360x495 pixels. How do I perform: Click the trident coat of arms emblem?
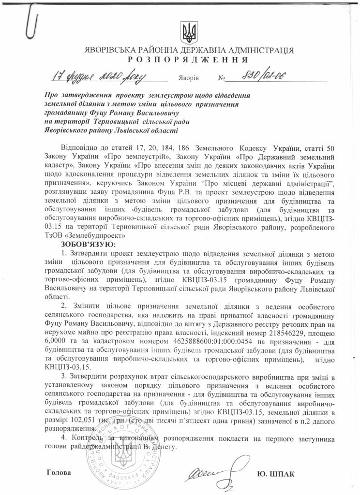tap(188, 32)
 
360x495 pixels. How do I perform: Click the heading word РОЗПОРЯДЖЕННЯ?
tap(189, 60)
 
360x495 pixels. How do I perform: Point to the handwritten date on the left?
tap(99, 76)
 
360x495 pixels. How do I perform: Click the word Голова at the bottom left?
tap(59, 472)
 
